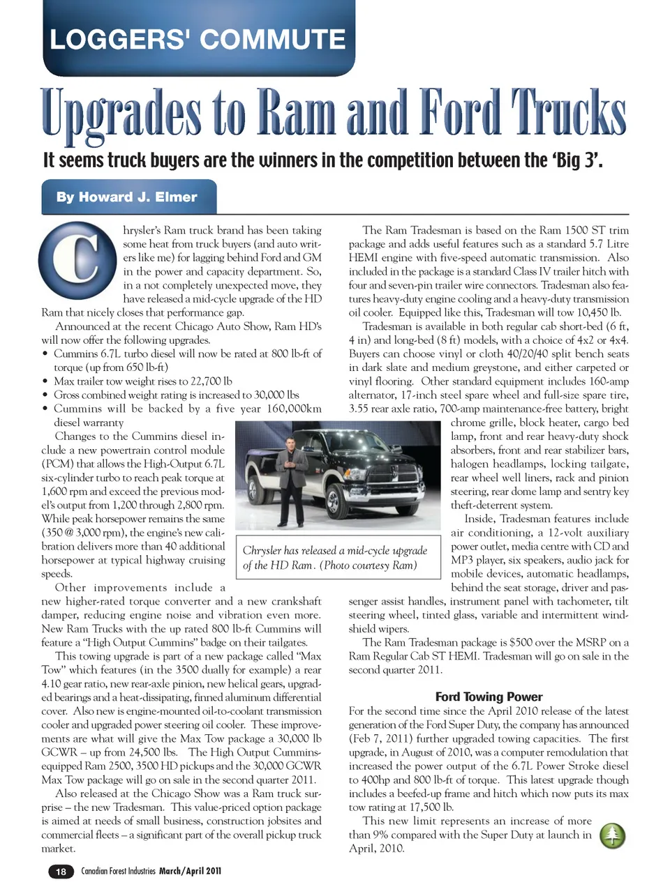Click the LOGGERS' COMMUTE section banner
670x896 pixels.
(x=198, y=39)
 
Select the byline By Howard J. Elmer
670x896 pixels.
(x=127, y=197)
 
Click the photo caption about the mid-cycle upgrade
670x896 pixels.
(x=335, y=557)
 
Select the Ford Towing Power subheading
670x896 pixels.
(x=489, y=697)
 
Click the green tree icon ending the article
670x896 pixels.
(x=613, y=835)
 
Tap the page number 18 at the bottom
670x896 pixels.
(x=61, y=871)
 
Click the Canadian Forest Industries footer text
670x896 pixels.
(x=119, y=871)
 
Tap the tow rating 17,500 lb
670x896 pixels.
(x=424, y=807)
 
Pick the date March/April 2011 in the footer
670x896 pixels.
(x=190, y=871)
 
